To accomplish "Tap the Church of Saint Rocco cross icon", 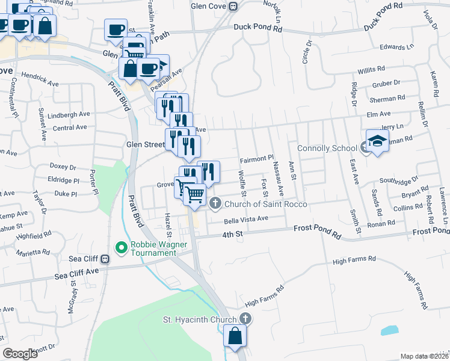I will [216, 204].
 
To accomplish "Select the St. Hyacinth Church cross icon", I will [245, 318].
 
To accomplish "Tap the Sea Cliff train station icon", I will [105, 259].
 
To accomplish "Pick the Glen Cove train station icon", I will [233, 6].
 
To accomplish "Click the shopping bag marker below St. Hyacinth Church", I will [235, 337].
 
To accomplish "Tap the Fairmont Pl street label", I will [257, 159].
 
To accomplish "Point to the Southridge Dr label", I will [398, 180].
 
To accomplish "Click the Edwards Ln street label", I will [398, 46].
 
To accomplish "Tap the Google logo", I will [20, 354].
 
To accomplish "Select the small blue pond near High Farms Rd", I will [389, 330].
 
